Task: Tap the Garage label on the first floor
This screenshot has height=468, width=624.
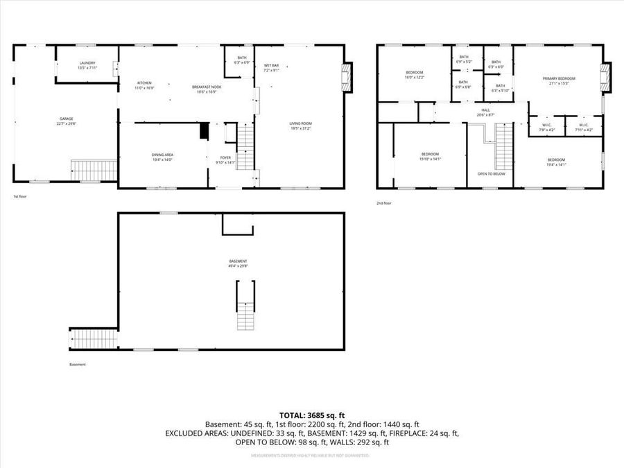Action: [x=66, y=121]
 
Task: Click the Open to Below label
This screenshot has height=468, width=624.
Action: [x=490, y=173]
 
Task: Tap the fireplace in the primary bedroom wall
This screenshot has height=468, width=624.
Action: [x=607, y=77]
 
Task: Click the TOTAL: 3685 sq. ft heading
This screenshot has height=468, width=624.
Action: [x=311, y=414]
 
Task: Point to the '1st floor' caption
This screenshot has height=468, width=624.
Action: [x=20, y=197]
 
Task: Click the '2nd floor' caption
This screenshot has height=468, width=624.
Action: [x=384, y=203]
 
